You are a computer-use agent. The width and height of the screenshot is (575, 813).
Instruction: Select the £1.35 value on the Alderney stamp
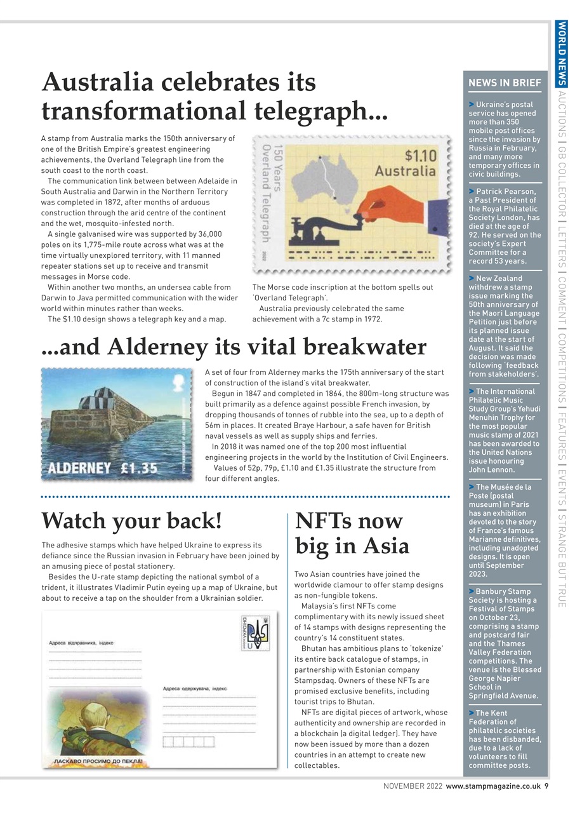tap(139, 468)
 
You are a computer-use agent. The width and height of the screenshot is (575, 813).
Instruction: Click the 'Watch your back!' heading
tap(131, 521)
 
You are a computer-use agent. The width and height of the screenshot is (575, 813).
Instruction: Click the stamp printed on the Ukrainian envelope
tap(255, 633)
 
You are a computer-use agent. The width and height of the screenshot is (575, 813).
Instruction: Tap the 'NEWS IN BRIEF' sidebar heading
tap(505, 83)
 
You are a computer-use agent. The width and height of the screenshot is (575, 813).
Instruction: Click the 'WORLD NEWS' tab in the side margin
tap(561, 53)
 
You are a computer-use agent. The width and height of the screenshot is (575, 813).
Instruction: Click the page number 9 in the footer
tap(546, 786)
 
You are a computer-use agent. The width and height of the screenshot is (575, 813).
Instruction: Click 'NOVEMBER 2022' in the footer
tap(413, 786)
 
